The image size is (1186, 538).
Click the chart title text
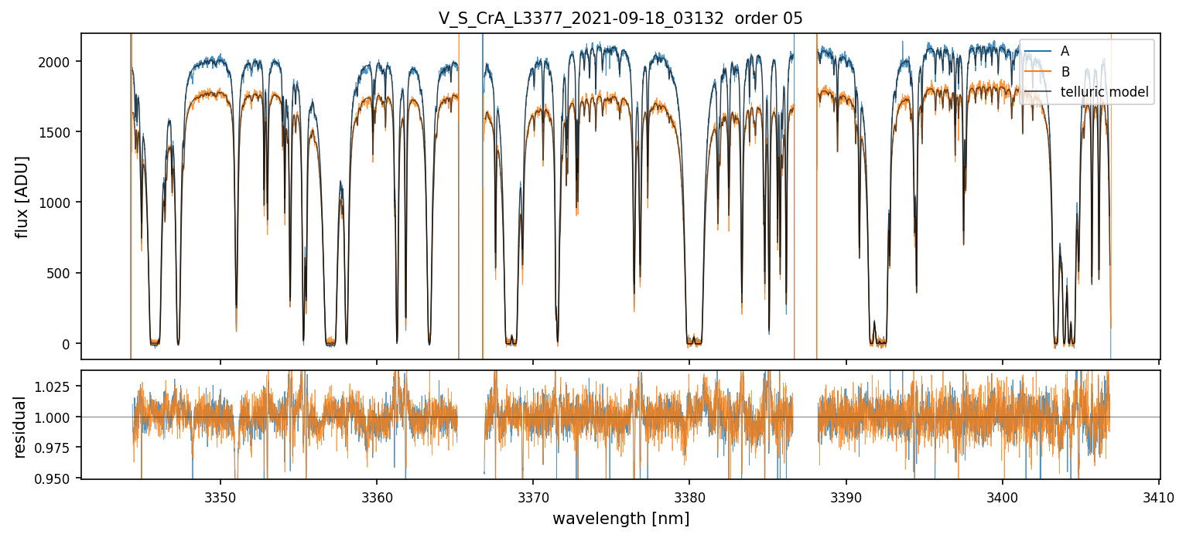tap(620, 19)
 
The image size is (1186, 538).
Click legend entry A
tap(1065, 51)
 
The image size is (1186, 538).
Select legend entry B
tap(1065, 72)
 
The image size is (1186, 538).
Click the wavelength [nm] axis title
tap(620, 519)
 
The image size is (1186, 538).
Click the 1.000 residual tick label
tap(55, 417)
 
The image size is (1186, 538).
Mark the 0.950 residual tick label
tap(55, 479)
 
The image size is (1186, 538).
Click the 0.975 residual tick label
tap(55, 448)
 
